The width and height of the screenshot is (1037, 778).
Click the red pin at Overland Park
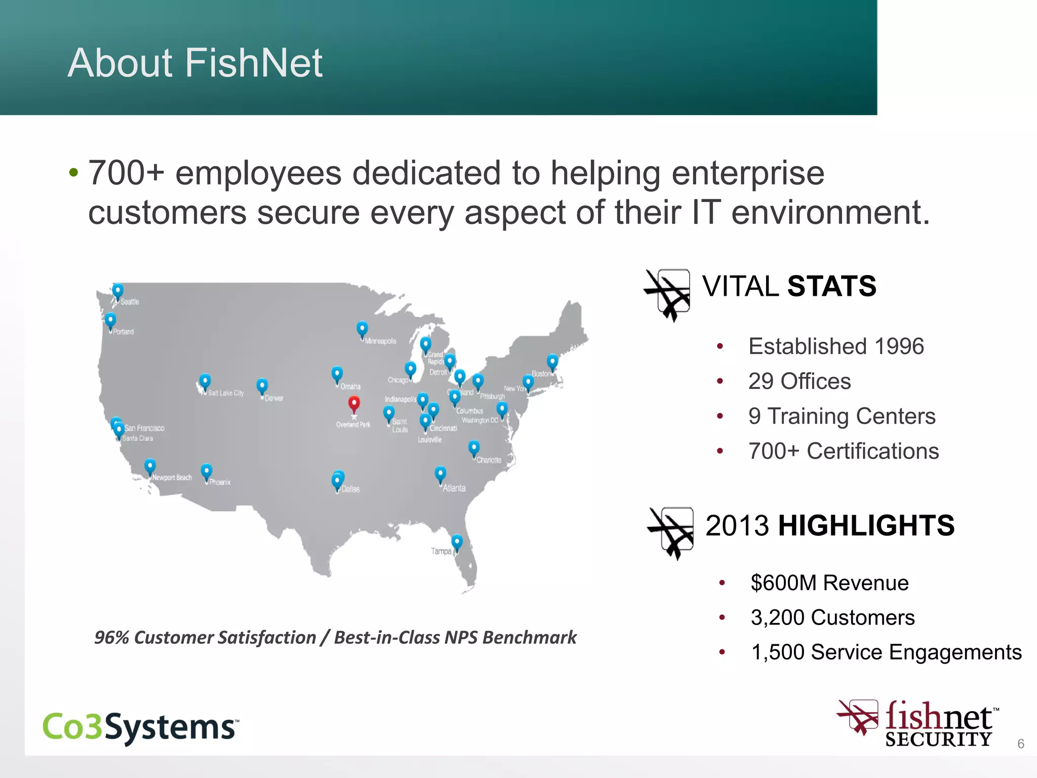coord(354,404)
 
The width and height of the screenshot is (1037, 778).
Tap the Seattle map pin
coord(117,291)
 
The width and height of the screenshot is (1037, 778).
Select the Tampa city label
coord(441,551)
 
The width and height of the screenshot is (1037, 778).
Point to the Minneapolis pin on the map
coord(362,330)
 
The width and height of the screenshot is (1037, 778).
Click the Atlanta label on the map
coord(454,488)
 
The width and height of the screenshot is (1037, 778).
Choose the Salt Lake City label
coord(226,393)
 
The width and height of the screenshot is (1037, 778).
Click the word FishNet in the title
coord(253,63)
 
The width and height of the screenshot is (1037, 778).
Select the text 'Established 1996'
coord(836,346)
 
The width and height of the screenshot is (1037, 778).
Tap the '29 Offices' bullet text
coord(800,381)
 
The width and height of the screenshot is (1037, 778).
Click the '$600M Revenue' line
coord(829,583)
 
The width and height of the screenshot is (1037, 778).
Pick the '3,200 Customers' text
coord(832,617)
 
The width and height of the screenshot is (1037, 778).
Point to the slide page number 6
coord(1021,744)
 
